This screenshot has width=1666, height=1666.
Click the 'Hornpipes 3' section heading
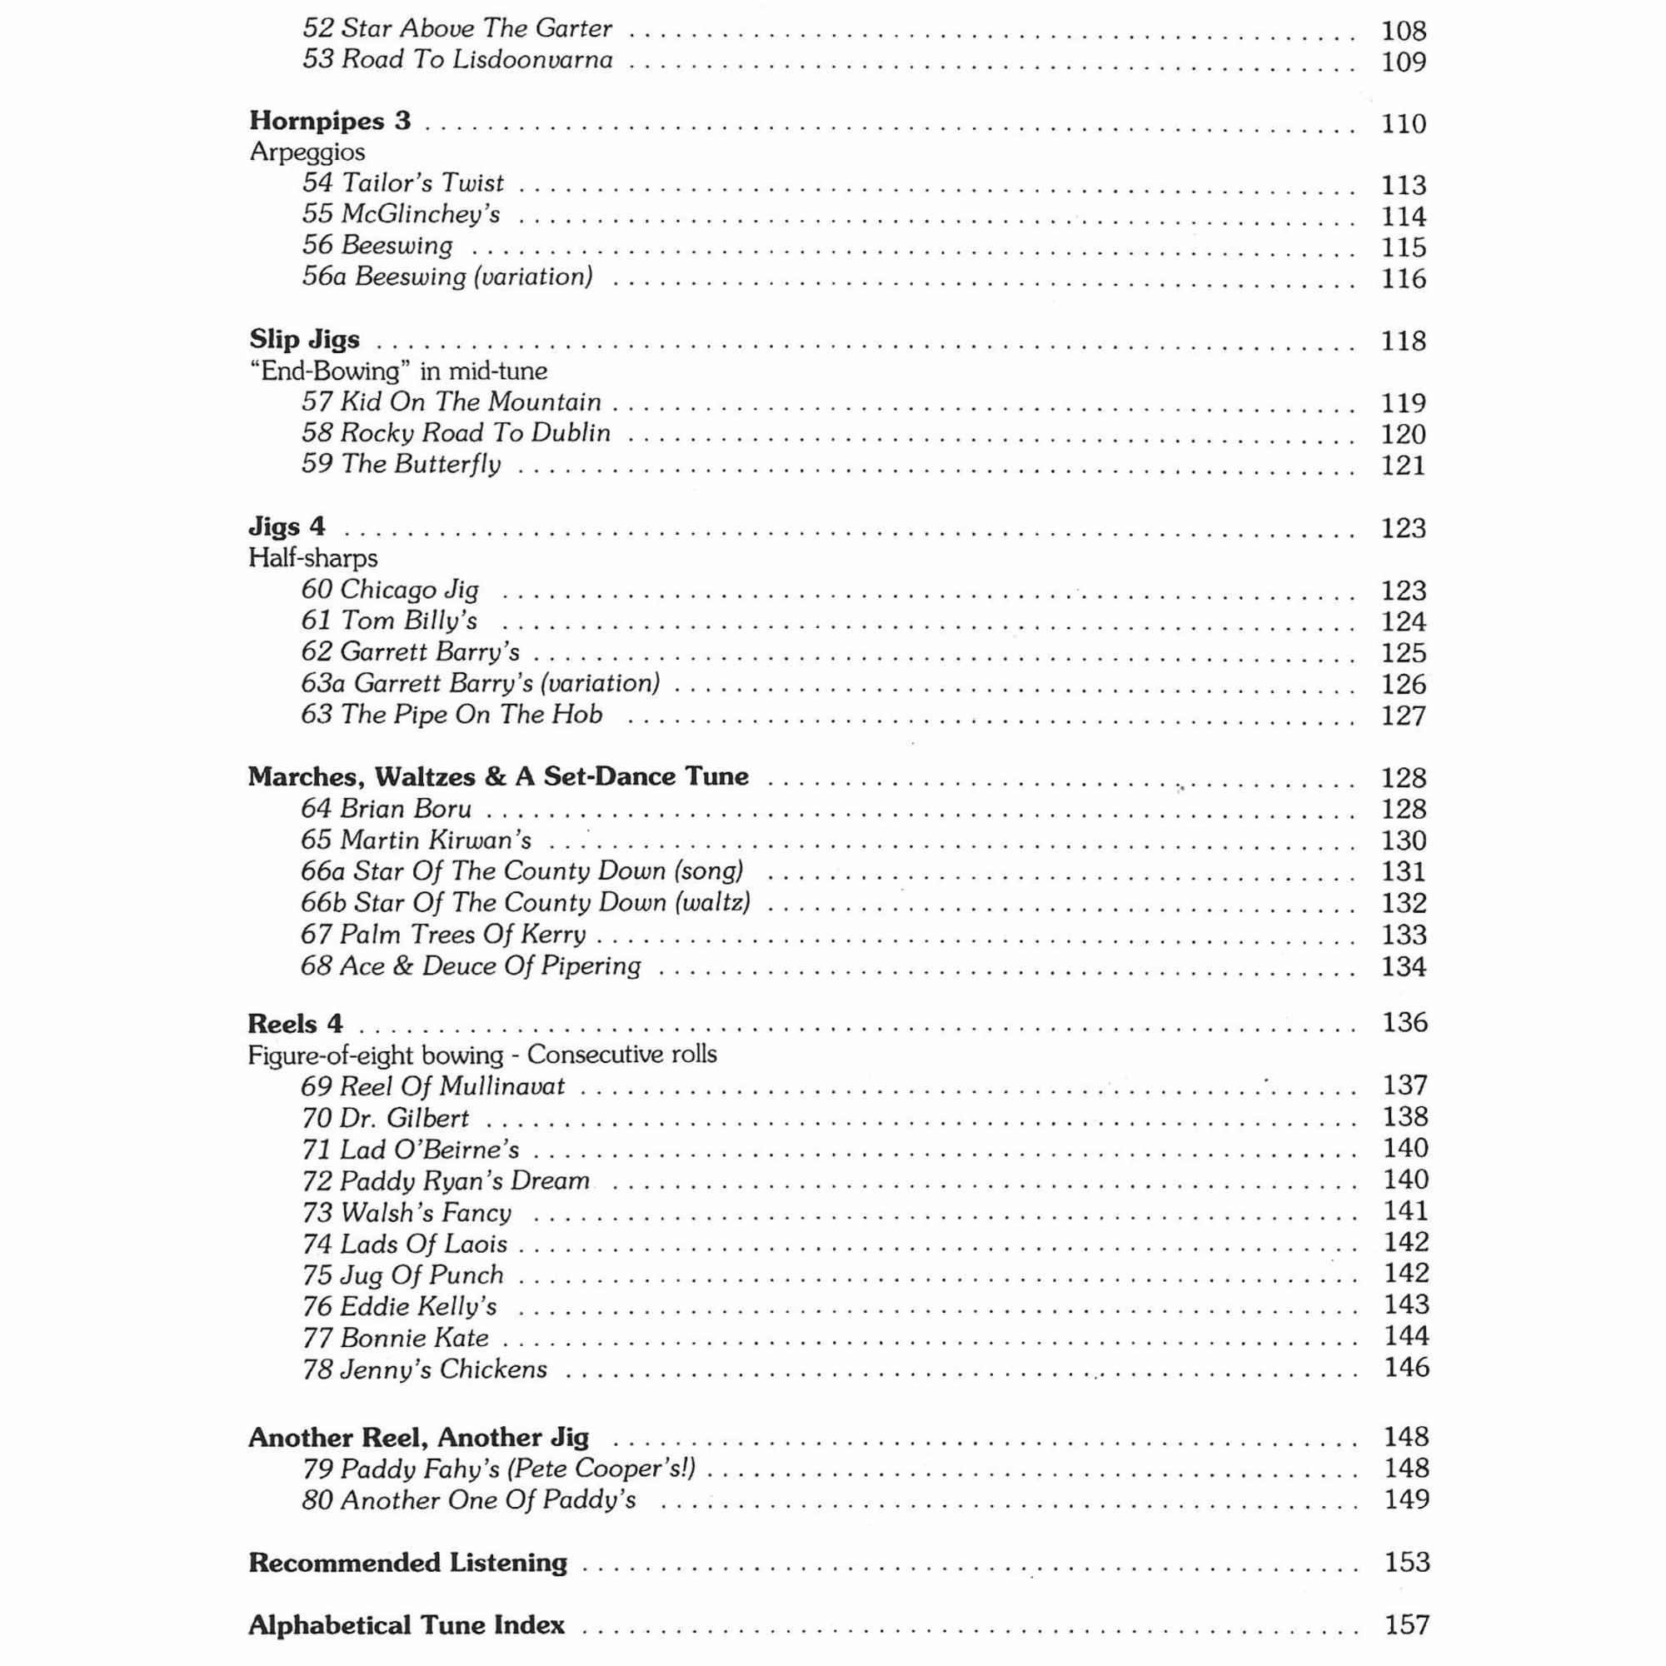pos(329,121)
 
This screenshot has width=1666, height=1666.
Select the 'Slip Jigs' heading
pos(304,340)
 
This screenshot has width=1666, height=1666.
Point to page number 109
pos(1403,62)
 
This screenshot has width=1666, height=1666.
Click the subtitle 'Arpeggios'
pos(307,152)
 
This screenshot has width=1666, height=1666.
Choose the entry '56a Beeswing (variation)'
pos(446,277)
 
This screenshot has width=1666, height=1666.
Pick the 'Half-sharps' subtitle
pos(313,558)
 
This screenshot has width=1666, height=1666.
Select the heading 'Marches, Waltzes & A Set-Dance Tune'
pos(497,777)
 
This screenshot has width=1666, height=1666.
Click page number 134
pos(1403,966)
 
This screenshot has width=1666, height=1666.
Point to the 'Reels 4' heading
pos(295,1024)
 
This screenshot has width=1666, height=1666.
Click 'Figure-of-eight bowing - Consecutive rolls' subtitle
pos(482,1055)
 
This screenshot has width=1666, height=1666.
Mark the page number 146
pos(1405,1368)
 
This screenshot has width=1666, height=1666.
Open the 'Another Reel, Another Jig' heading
pos(418,1438)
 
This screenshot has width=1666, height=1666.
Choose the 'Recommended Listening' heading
pos(408,1563)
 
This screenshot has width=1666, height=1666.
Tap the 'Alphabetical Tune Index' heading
pos(407,1625)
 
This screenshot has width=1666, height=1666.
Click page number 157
pos(1405,1625)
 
